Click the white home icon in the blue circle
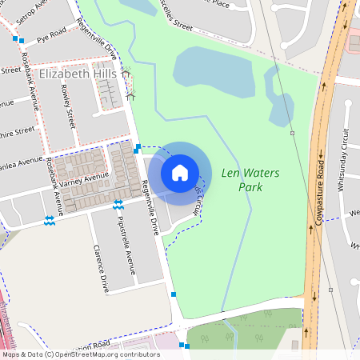click(180, 172)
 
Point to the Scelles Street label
click(175, 18)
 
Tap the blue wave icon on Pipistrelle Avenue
click(118, 204)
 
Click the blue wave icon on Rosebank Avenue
click(50, 219)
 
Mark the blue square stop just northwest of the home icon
click(138, 147)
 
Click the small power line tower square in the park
click(293, 133)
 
